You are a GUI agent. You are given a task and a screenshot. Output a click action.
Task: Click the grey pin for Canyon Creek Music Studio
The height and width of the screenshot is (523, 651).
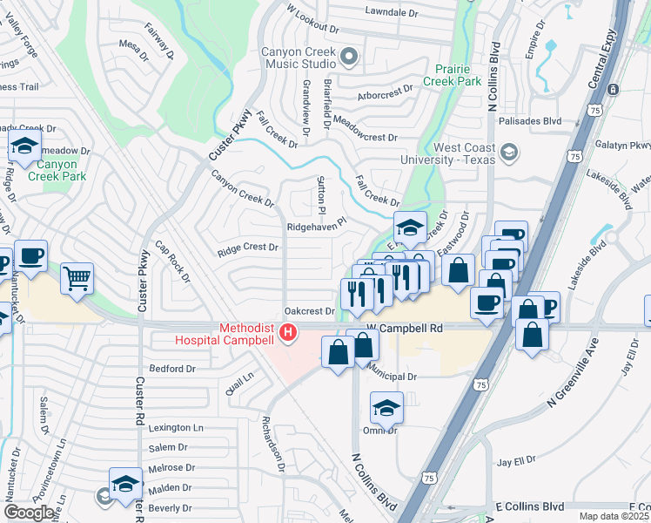350,58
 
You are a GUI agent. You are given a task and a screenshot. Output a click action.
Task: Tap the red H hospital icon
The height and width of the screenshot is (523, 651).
288,332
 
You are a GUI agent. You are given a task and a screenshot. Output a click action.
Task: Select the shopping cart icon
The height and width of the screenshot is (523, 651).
77,280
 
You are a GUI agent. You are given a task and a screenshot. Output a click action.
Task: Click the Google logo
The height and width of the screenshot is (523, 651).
29,513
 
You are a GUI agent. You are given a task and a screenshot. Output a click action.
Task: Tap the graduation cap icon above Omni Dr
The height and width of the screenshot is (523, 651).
386,407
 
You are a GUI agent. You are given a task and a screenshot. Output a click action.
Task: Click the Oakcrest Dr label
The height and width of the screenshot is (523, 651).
310,311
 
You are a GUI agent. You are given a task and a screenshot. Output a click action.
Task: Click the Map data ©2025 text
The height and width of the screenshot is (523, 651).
614,516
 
